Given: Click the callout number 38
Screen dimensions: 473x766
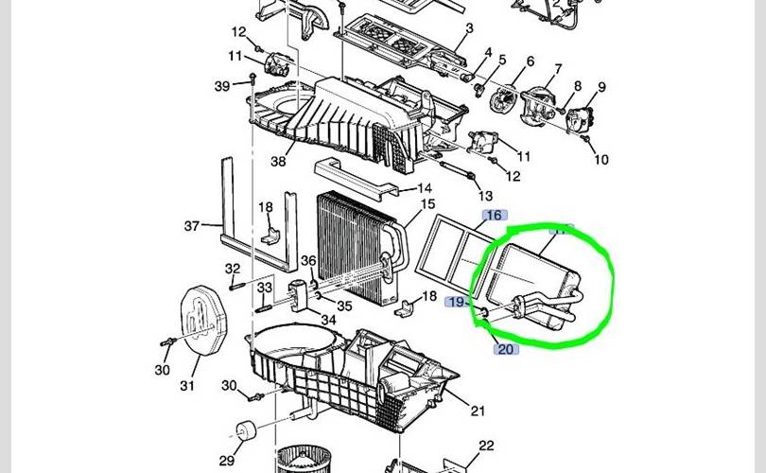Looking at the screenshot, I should (x=278, y=161).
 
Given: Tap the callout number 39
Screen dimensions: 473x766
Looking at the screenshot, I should (x=221, y=86).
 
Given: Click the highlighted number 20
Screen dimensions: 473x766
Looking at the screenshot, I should (x=506, y=349).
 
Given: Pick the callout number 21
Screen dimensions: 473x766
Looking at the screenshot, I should (x=477, y=411).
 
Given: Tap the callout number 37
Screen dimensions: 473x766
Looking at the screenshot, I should (x=192, y=225).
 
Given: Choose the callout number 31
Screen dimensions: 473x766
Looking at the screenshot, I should (x=186, y=386).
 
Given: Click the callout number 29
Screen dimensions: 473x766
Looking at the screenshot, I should (x=227, y=460).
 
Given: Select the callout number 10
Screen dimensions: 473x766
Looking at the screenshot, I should (x=601, y=160).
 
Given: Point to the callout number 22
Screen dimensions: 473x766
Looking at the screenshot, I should (x=486, y=446).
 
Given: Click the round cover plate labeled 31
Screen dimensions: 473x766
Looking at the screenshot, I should (x=206, y=323).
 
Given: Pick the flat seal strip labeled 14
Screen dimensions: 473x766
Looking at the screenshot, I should (x=355, y=174).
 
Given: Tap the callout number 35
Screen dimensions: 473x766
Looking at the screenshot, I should (x=345, y=306).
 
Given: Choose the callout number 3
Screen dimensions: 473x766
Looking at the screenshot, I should (x=466, y=29).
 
